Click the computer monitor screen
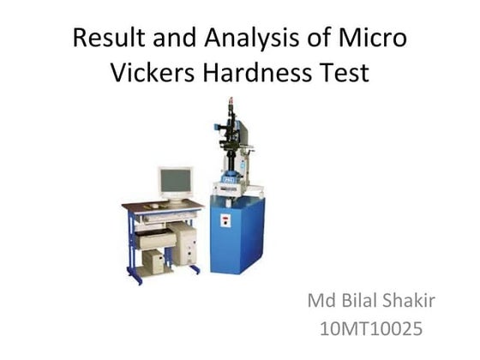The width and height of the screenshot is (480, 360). [x=175, y=181]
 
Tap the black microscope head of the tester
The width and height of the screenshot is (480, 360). [x=229, y=129]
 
